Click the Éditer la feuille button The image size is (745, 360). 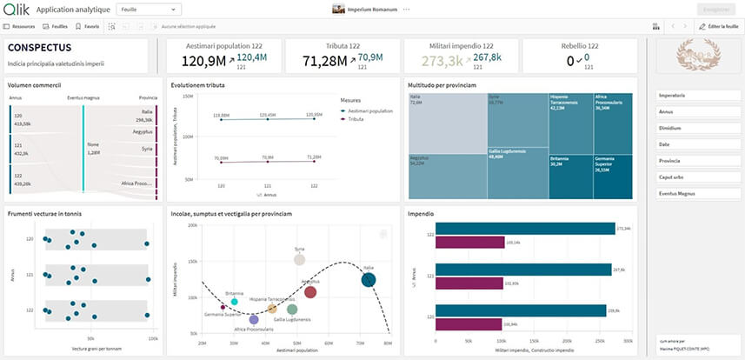(718, 27)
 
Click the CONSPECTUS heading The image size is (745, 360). (39, 47)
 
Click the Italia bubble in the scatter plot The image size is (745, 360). (369, 279)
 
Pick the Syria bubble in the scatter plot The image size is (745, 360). (300, 259)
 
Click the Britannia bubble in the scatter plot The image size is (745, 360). (234, 301)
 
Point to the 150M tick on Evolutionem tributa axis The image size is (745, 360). (188, 96)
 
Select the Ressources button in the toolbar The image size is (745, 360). (20, 27)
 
